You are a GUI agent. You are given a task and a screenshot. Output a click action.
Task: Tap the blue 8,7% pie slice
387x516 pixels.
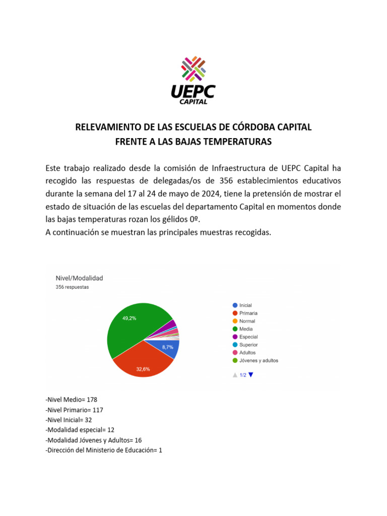169,349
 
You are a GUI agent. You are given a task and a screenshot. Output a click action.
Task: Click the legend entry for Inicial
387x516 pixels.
245,305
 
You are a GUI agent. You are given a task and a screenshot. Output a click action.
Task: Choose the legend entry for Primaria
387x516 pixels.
248,313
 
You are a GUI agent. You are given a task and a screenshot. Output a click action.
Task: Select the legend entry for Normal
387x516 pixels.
247,321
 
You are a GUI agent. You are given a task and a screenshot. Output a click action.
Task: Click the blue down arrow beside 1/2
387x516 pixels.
251,374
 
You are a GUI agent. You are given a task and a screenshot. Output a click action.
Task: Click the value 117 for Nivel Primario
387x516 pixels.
98,410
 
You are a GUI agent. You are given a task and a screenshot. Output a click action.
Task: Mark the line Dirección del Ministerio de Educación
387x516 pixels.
103,450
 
